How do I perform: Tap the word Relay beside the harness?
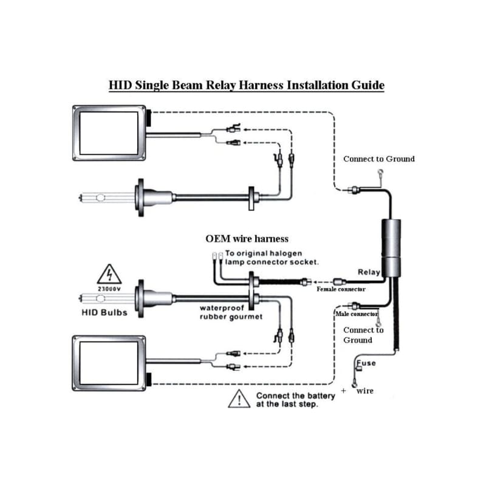tap(369, 272)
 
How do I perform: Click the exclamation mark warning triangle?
tap(239, 399)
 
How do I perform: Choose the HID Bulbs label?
tap(104, 313)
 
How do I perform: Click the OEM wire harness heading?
tap(247, 239)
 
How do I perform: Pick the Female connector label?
tap(341, 289)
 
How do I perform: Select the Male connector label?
tap(357, 313)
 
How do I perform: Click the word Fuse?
tap(366, 363)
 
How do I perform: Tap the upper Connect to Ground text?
tap(379, 159)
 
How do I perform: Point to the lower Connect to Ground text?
tap(363, 335)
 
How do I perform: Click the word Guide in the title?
tap(367, 85)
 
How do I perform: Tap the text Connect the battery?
tap(295, 396)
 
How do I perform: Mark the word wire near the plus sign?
tap(364, 391)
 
